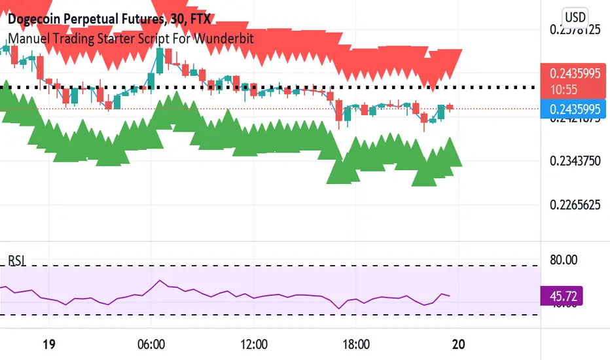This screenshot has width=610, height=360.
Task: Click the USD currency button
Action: (575, 18)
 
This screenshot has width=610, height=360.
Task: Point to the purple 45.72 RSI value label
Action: (561, 296)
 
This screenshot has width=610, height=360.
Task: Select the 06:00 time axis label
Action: (150, 344)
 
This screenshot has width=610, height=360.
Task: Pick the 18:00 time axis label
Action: (357, 344)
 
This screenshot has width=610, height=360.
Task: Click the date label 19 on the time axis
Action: (46, 344)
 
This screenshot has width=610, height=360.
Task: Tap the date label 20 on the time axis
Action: (459, 344)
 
